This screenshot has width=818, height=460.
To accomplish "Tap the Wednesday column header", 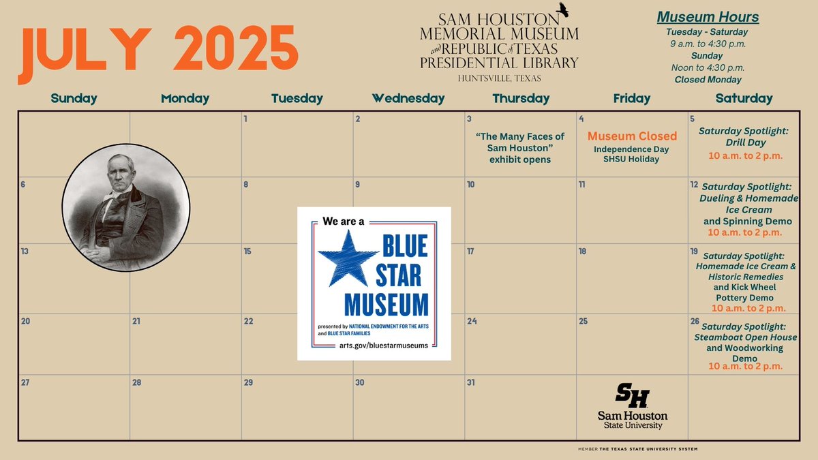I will point(408,98).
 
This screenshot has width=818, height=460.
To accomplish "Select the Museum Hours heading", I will point(708,17).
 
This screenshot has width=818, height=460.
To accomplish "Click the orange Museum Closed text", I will point(632,136).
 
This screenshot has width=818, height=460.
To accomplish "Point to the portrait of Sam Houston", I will point(126,208).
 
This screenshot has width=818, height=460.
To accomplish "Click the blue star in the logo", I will point(348,260).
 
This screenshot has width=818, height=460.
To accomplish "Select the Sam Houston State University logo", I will point(632,406).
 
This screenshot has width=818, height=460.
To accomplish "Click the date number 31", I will point(470,382).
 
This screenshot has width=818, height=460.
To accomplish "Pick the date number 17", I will point(470,251).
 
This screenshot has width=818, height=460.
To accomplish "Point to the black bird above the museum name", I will point(563,9).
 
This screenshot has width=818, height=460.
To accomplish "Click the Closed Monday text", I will point(708,80).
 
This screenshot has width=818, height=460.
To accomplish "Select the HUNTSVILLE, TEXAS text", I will point(500,78).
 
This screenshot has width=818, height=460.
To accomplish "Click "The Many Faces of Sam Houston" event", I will point(520,148).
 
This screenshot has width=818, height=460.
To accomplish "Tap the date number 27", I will point(25,382).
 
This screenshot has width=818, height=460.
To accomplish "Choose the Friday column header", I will point(632,98).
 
